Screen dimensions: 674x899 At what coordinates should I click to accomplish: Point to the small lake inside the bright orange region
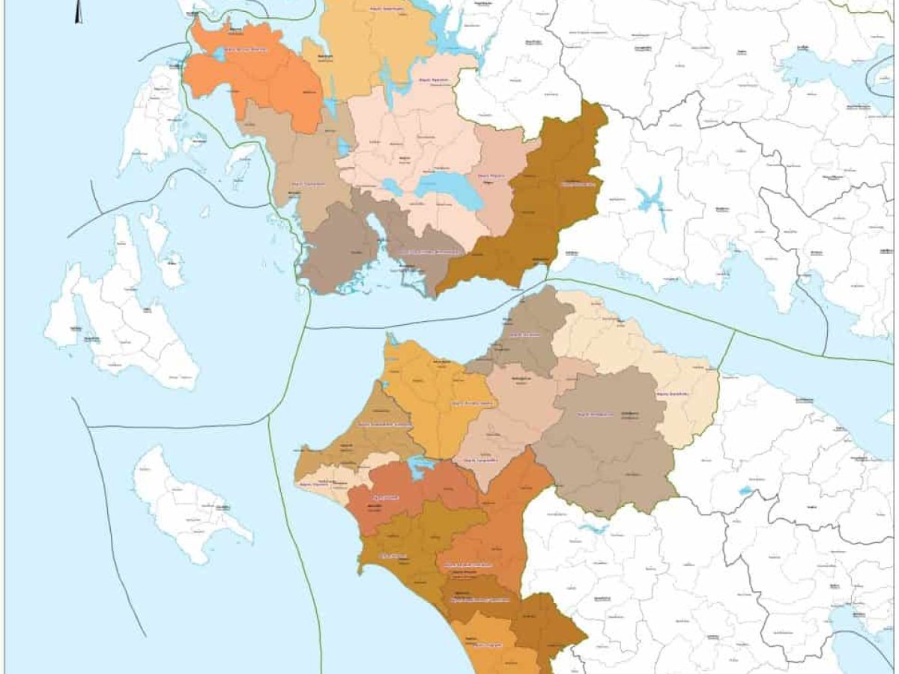219,55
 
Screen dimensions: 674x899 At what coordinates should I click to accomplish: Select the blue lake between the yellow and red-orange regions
420,465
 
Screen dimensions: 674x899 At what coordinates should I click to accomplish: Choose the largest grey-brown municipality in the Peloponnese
607,442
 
